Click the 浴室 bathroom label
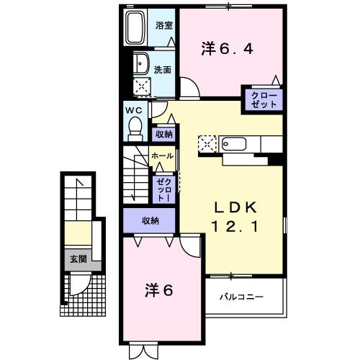tap(164, 25)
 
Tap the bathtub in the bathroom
tap(135, 29)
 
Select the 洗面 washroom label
tap(163, 70)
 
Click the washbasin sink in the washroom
tap(141, 63)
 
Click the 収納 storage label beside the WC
tap(164, 134)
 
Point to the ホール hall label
tap(161, 156)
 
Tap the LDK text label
tap(234, 207)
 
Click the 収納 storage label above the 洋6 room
tap(150, 221)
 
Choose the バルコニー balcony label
tap(241, 297)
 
